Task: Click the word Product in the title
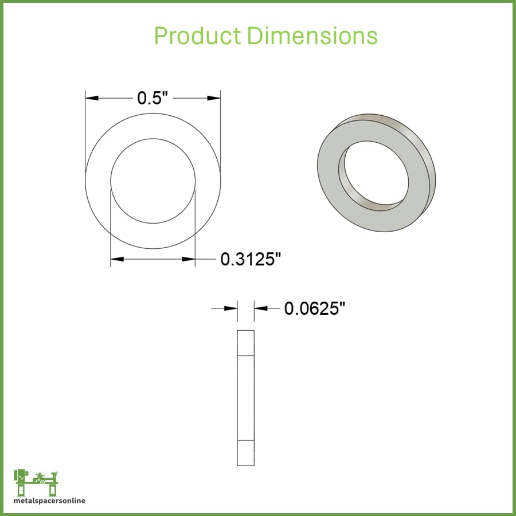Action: pyautogui.click(x=197, y=35)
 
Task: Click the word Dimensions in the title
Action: pyautogui.click(x=312, y=35)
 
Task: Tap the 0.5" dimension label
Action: pyautogui.click(x=153, y=97)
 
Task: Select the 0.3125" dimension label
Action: pyautogui.click(x=251, y=259)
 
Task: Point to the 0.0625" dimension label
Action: pyautogui.click(x=315, y=308)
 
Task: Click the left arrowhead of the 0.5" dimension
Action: pyautogui.click(x=92, y=98)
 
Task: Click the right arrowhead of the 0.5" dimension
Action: pyautogui.click(x=214, y=98)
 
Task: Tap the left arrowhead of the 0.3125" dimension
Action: pyautogui.click(x=117, y=259)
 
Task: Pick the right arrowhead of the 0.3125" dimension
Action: pyautogui.click(x=189, y=259)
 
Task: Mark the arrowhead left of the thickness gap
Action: pyautogui.click(x=230, y=308)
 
